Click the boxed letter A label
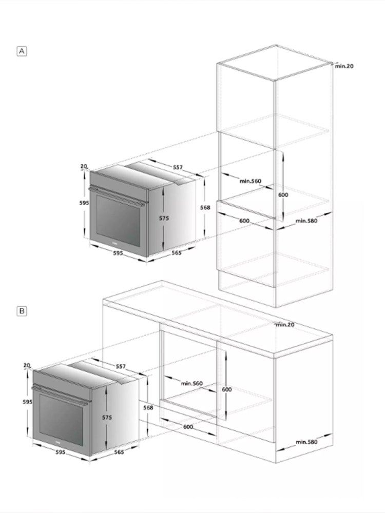(22, 51)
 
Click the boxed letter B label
(22, 311)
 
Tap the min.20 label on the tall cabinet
(344, 66)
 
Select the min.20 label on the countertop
(285, 325)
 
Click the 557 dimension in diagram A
(178, 167)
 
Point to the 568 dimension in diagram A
(205, 207)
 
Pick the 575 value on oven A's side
(164, 218)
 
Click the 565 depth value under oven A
(176, 252)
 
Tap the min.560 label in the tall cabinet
(251, 181)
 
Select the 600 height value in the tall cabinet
(283, 194)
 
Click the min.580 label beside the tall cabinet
(306, 221)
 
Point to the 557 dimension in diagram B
(121, 366)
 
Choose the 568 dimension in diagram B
(148, 408)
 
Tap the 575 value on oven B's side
(107, 418)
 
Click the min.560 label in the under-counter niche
(192, 383)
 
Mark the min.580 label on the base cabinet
(307, 442)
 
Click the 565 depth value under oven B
(119, 452)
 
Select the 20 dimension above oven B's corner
(27, 365)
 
